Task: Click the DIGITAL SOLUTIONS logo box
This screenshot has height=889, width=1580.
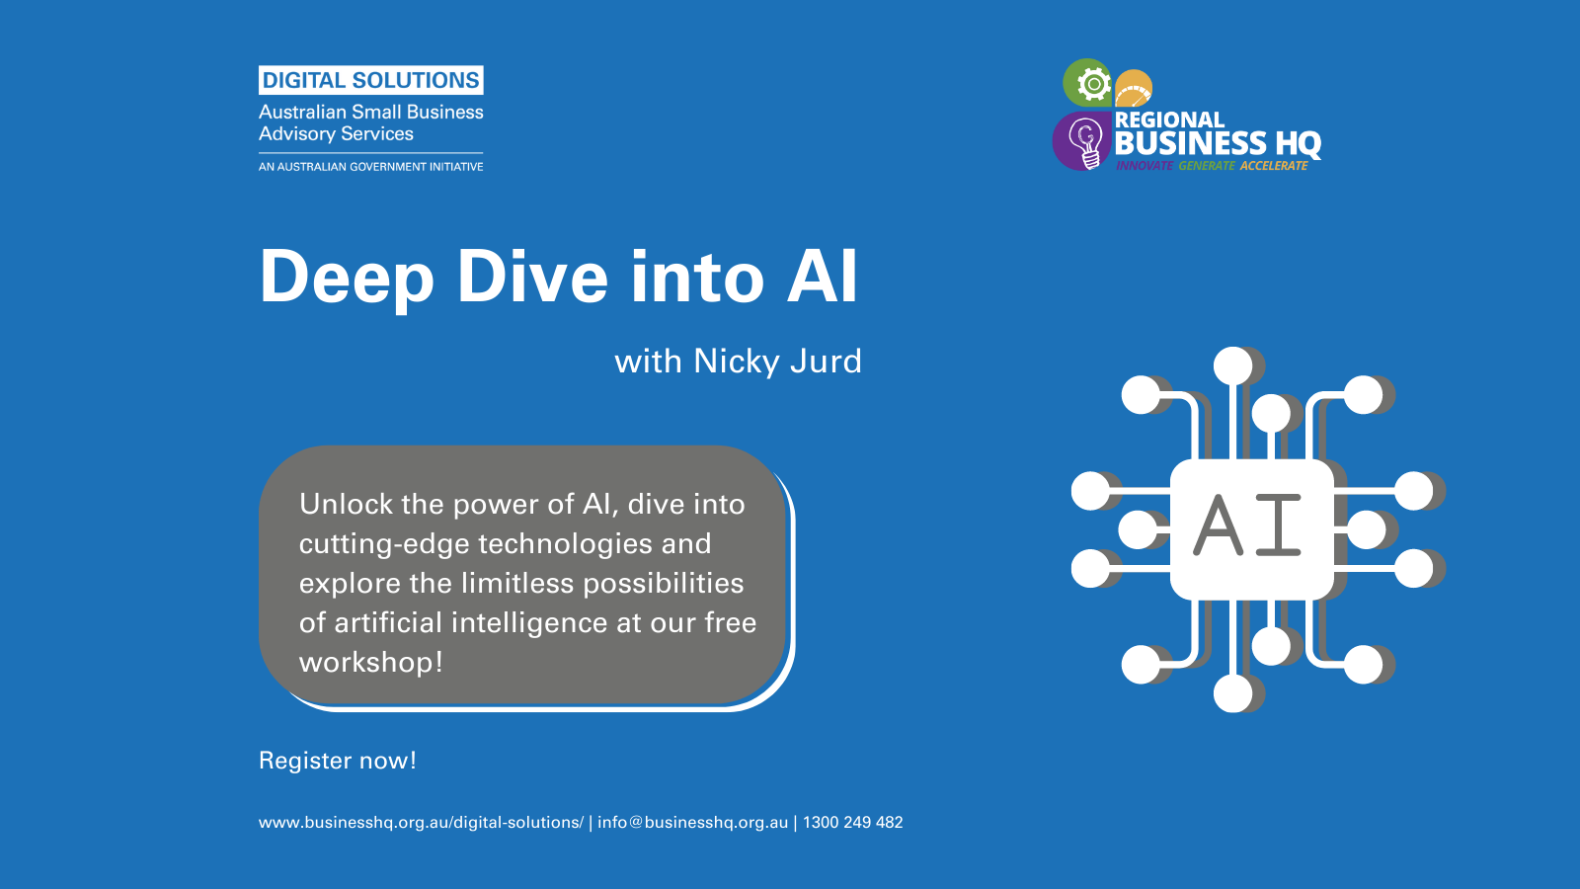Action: coord(371,80)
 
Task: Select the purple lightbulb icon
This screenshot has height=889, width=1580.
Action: coord(1082,141)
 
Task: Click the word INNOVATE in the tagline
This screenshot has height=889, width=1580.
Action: coord(1145,166)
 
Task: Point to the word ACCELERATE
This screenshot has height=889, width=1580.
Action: coord(1274,166)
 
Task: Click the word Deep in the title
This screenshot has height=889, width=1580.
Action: coord(347,278)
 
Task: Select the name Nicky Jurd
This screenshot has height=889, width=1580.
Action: coord(777,362)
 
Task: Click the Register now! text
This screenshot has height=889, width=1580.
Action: coord(338,761)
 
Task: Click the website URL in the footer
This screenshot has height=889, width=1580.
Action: coord(421,823)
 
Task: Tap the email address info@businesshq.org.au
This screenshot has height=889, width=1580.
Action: coord(692,823)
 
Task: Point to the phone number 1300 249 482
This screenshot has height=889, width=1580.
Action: coord(853,823)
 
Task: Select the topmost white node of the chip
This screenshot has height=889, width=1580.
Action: coord(1233,366)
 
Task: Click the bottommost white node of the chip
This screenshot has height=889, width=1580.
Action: coord(1233,692)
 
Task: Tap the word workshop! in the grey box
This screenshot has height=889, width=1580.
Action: coord(371,663)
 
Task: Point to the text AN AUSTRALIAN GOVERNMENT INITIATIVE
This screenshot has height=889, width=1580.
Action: coord(371,167)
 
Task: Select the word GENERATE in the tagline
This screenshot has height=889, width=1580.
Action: coord(1207,166)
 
